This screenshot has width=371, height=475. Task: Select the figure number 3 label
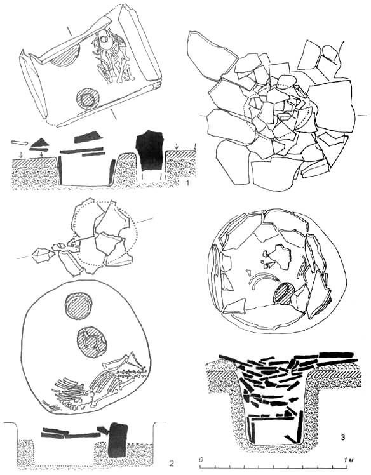click(x=343, y=437)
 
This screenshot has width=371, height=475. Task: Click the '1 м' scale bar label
click(x=349, y=460)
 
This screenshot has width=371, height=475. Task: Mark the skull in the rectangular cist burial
click(x=105, y=39)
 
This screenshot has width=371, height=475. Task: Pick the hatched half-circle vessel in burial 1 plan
click(x=65, y=54)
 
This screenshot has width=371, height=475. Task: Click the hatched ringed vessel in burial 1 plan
click(x=88, y=99)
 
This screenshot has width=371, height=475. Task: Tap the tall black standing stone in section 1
click(x=150, y=150)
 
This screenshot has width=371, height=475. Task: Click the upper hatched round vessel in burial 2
click(x=79, y=306)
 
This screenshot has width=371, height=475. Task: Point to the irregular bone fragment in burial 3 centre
click(x=282, y=257)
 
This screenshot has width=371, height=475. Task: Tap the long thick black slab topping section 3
click(x=337, y=355)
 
